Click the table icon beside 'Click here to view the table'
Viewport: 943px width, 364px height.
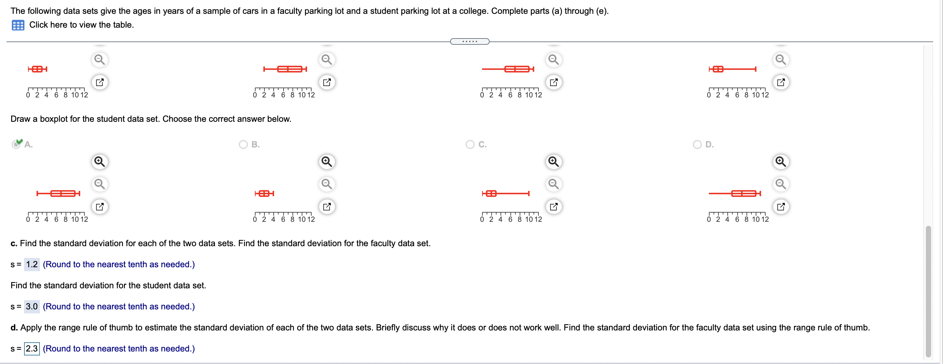(x=17, y=25)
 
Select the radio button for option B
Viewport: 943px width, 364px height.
(x=243, y=144)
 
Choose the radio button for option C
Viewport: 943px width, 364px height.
(x=470, y=144)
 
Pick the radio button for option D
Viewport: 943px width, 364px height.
(x=697, y=144)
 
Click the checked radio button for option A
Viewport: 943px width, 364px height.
(x=16, y=144)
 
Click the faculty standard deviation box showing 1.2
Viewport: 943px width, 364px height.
(x=32, y=264)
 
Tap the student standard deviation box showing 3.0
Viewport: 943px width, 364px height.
(x=32, y=306)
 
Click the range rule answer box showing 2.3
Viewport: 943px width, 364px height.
(x=32, y=348)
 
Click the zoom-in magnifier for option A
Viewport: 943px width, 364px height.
(x=100, y=161)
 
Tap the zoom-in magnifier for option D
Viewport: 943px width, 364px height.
(x=780, y=161)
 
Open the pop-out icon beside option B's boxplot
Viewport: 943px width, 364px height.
(x=326, y=206)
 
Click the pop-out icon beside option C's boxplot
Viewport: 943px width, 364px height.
(x=554, y=206)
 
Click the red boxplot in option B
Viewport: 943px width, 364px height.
(x=264, y=193)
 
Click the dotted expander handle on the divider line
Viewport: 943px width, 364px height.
(x=470, y=41)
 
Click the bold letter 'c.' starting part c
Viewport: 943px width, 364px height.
(x=14, y=244)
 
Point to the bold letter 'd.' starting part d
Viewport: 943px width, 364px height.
(x=14, y=327)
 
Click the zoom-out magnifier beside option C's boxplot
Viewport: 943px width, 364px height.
(x=554, y=183)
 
